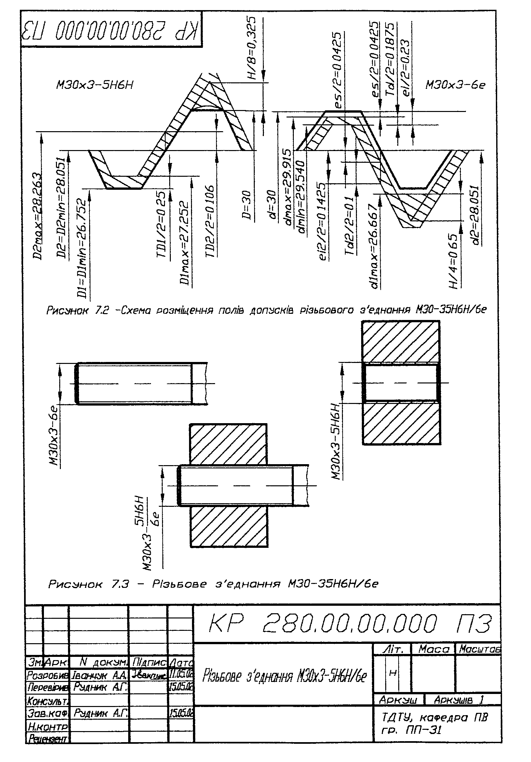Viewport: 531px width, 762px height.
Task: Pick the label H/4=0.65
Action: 454,261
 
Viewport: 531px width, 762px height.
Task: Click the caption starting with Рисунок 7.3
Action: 213,593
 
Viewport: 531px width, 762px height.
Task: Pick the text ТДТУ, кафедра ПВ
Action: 434,718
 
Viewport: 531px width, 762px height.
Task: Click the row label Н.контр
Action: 48,727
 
